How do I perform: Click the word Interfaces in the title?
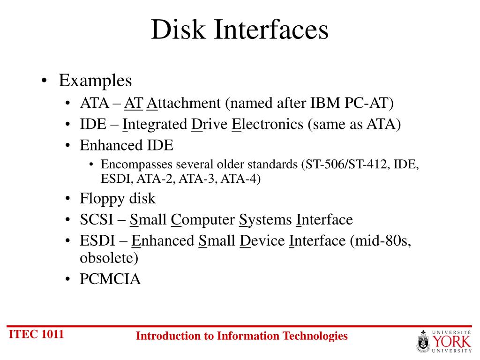pyautogui.click(x=272, y=30)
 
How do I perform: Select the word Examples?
pyautogui.click(x=95, y=81)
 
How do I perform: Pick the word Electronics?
pyautogui.click(x=268, y=125)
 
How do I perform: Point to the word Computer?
pyautogui.click(x=203, y=219)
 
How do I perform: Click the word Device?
pyautogui.click(x=262, y=241)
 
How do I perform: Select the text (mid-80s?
pyautogui.click(x=380, y=241)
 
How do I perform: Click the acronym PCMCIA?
pyautogui.click(x=110, y=279)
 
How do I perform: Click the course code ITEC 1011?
pyautogui.click(x=37, y=334)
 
